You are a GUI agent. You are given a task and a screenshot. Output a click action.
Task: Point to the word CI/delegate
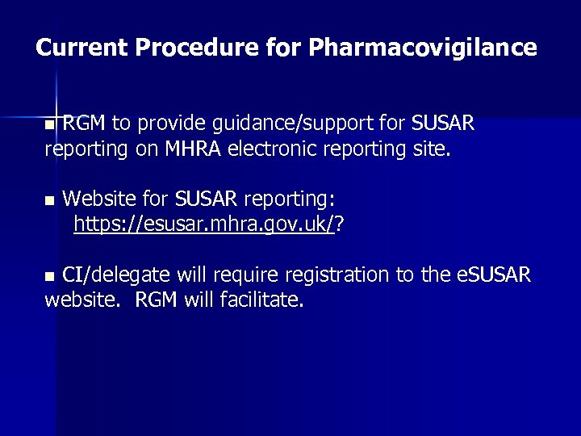116,275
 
